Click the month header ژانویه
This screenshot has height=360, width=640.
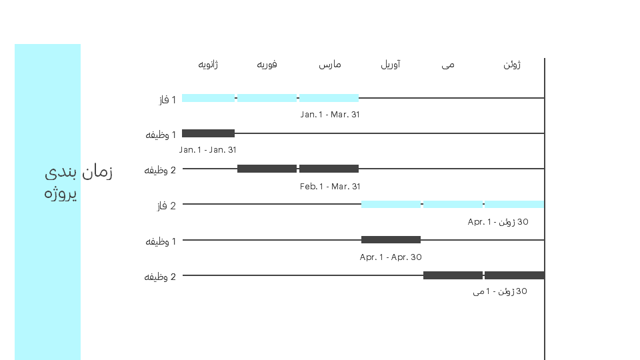(x=208, y=65)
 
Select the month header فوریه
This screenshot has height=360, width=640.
(x=267, y=65)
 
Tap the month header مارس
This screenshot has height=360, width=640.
(x=330, y=65)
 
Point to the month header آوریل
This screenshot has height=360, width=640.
(x=391, y=65)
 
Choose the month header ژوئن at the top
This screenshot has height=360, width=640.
(x=512, y=65)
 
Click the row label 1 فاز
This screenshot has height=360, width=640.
(x=167, y=99)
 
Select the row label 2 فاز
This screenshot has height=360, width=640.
(x=167, y=206)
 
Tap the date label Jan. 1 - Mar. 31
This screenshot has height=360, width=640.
(x=330, y=115)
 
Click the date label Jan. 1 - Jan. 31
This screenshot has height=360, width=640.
(x=208, y=150)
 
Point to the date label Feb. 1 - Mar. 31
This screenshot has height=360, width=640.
(x=330, y=187)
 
